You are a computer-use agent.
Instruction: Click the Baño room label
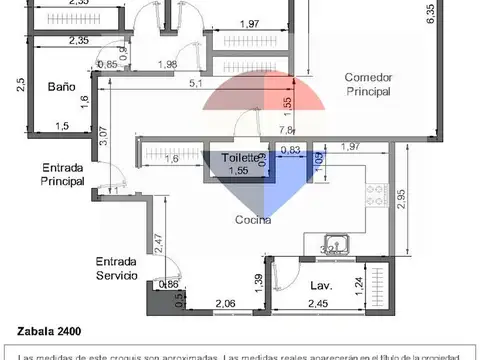click(61, 87)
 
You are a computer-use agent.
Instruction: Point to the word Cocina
click(254, 220)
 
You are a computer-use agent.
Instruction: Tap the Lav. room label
click(321, 284)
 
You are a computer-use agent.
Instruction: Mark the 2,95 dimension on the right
click(401, 199)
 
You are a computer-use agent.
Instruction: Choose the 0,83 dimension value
click(291, 150)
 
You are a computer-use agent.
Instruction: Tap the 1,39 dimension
click(258, 285)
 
